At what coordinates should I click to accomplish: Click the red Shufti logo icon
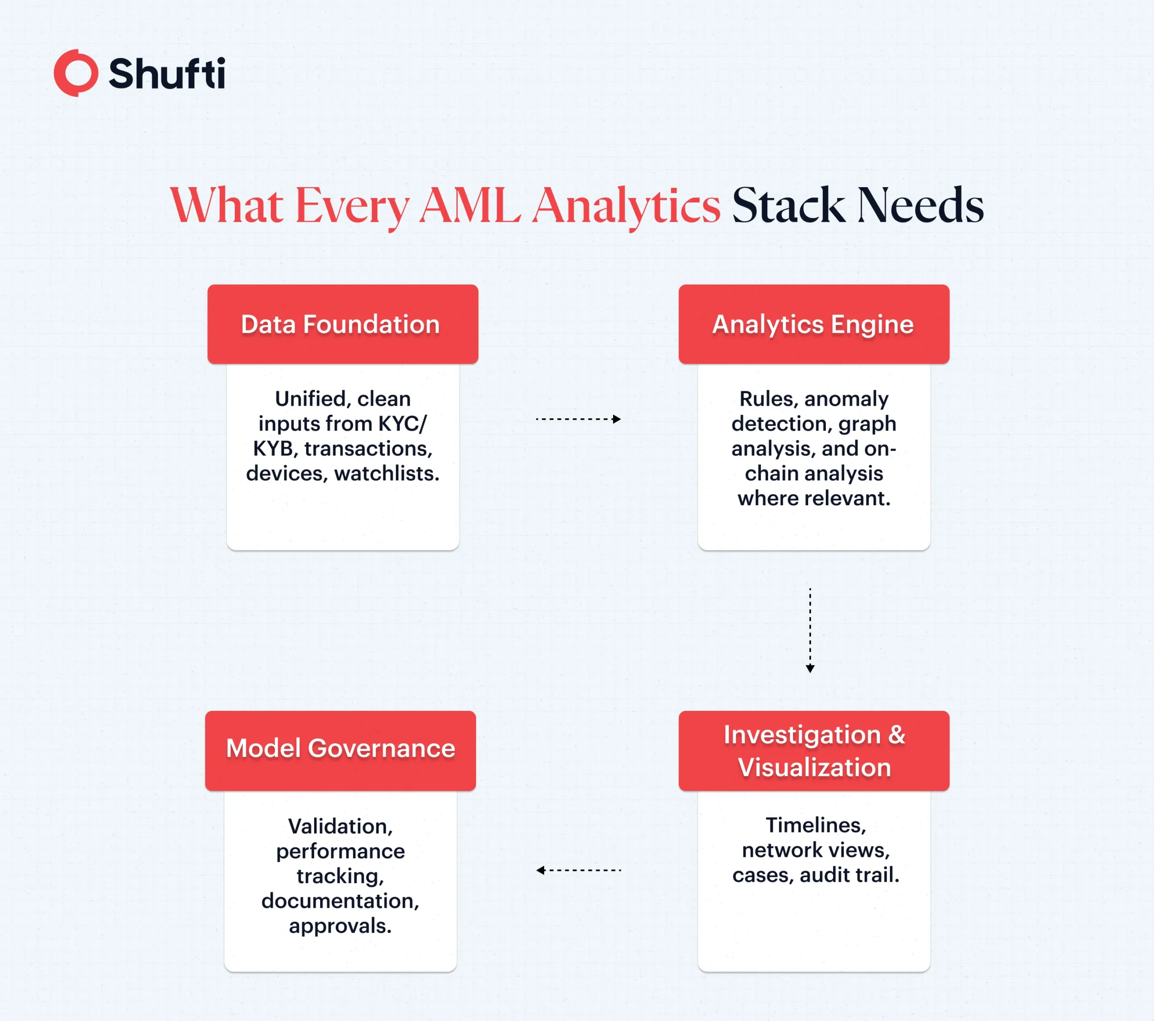(x=76, y=73)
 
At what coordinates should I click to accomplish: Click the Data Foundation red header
(x=342, y=324)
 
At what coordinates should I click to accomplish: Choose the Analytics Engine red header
(x=813, y=324)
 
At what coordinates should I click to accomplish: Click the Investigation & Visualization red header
(x=813, y=751)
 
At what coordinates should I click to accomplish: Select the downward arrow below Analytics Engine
(x=810, y=630)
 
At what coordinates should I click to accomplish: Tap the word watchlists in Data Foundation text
(x=387, y=473)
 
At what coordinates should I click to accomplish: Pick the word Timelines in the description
(x=815, y=825)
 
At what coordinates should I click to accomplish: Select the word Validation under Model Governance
(x=340, y=826)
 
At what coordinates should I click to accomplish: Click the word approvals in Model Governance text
(x=340, y=925)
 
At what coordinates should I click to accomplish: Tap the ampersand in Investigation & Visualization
(x=897, y=735)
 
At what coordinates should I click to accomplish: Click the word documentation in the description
(x=340, y=901)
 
